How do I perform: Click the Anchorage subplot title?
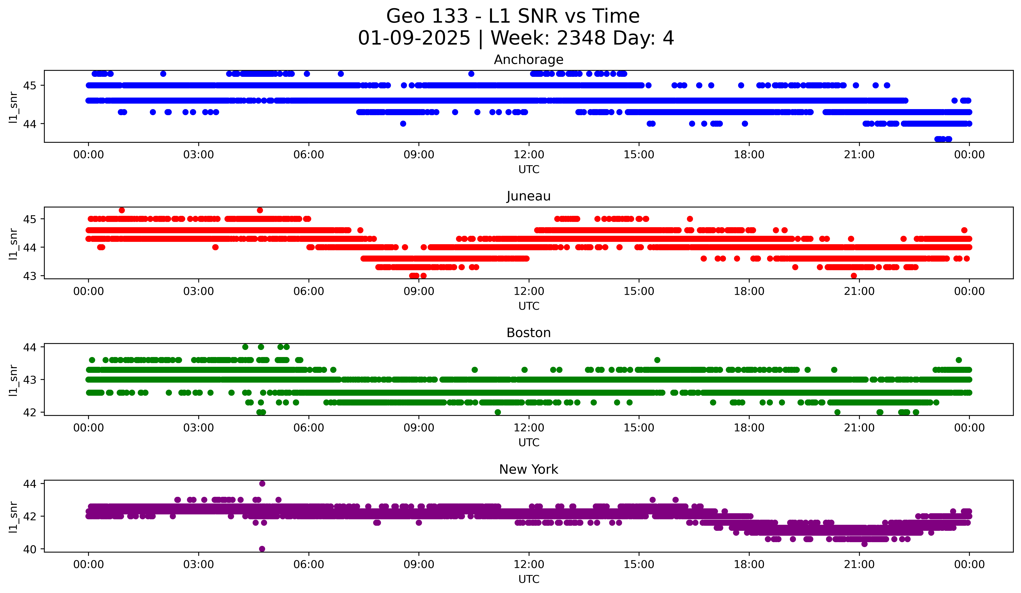(x=528, y=60)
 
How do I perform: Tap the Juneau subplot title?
(x=528, y=196)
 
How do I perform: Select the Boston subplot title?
(x=528, y=333)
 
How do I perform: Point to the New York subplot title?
(x=528, y=469)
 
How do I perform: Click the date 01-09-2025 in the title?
(x=414, y=38)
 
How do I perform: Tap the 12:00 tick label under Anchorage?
(x=529, y=155)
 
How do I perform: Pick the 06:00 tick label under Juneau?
(x=309, y=292)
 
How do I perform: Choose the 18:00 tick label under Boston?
(x=749, y=428)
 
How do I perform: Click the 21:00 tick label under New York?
(x=859, y=565)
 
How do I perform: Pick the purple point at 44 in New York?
(x=262, y=484)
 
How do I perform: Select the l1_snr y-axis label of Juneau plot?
(x=13, y=243)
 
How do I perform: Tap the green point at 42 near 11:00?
(x=498, y=412)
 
